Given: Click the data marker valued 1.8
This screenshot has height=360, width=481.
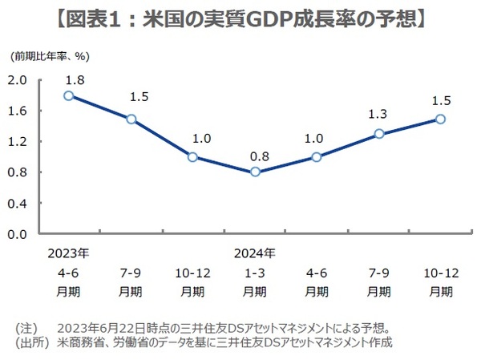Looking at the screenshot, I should click(69, 95).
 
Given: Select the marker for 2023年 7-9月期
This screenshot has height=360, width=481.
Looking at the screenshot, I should click(131, 119).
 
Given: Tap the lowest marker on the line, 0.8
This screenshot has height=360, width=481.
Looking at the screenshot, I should click(255, 172).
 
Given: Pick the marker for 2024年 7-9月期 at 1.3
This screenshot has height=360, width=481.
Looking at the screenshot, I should click(378, 134).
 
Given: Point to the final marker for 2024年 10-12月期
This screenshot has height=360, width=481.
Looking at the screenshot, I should click(440, 119).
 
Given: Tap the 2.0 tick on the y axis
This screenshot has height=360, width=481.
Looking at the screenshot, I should click(18, 80).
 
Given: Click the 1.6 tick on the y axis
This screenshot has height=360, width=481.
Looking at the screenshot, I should click(18, 111).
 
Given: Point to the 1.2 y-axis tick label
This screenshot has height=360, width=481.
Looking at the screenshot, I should click(18, 142).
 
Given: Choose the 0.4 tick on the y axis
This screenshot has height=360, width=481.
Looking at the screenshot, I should click(18, 204).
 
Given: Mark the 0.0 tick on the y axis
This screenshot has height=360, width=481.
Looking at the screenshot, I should click(18, 234).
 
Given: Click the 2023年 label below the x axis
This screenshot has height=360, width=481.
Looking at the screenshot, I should click(68, 253).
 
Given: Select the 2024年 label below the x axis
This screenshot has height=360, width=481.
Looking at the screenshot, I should click(254, 253).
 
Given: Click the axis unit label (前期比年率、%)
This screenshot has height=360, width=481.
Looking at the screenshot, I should click(48, 58).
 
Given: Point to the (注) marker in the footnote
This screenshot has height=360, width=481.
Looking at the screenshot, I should click(27, 328).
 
